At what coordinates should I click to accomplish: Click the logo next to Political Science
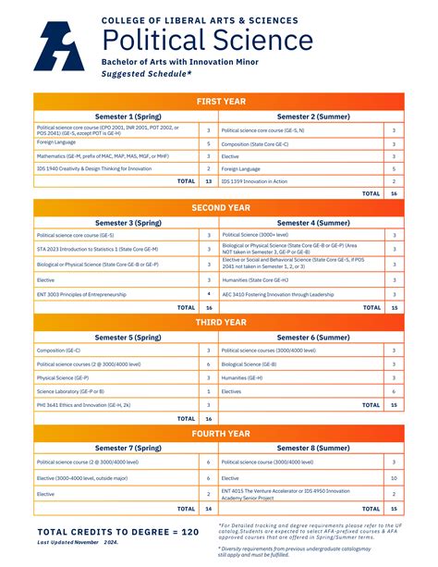(58, 45)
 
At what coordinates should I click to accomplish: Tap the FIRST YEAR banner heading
(219, 101)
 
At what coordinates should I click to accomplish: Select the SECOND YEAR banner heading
(219, 208)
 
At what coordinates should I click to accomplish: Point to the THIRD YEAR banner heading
(219, 323)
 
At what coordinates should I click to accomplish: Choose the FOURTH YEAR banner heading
(219, 433)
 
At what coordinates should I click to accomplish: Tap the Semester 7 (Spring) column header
(126, 447)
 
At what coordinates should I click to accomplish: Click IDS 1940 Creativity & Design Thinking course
(94, 168)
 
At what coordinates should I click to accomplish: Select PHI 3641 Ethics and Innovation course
(83, 404)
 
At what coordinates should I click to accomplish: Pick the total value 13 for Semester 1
(209, 181)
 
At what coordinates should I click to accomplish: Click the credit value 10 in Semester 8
(394, 477)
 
